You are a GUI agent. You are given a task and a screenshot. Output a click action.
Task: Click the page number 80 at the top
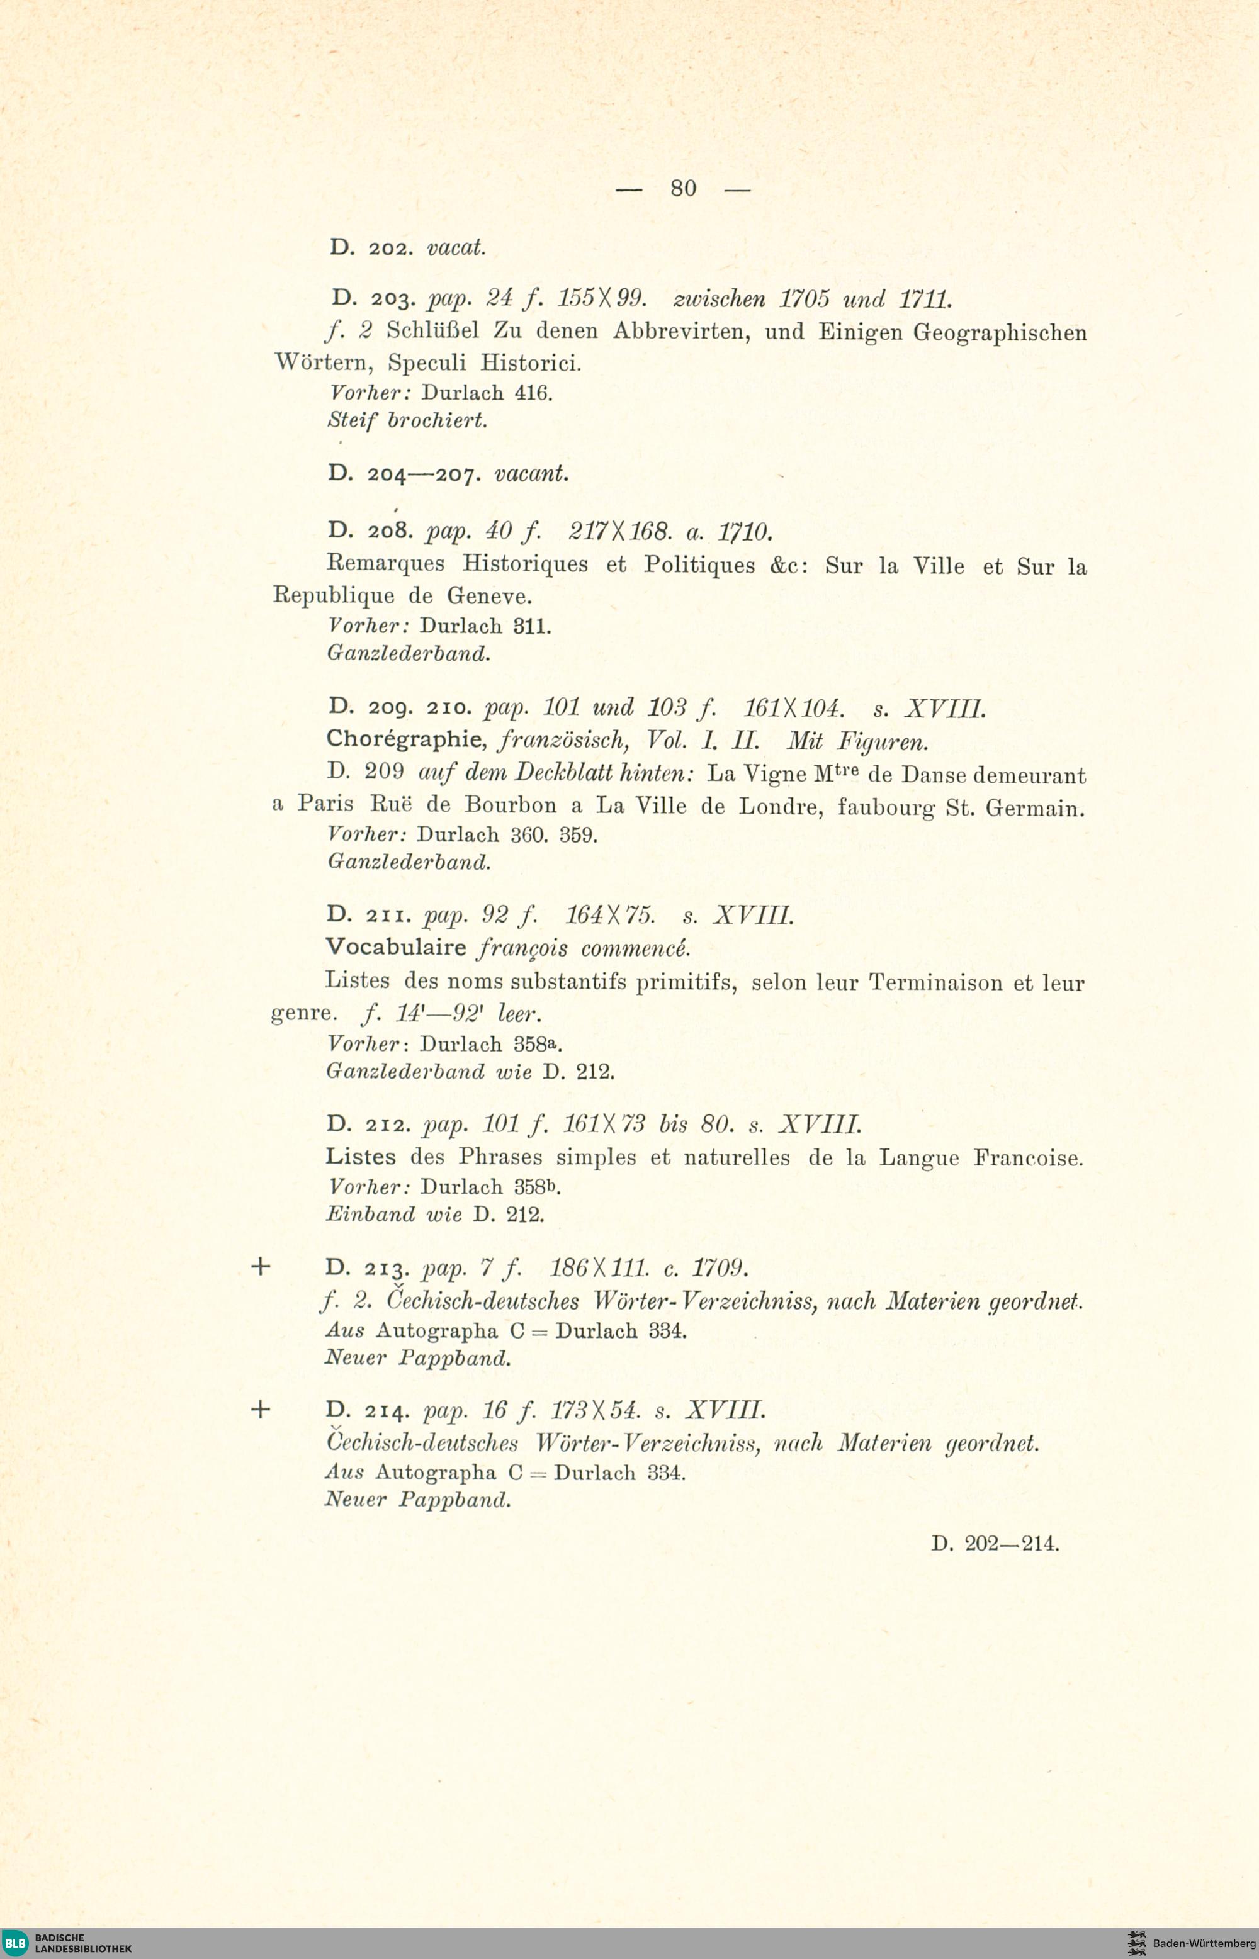click(x=684, y=189)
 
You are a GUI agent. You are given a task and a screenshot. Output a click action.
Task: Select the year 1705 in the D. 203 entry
click(x=805, y=300)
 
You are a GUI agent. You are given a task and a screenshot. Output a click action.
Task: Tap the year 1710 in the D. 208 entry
click(x=744, y=534)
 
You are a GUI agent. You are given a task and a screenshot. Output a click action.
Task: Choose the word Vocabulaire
click(x=396, y=947)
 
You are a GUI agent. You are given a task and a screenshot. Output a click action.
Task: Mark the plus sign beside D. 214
click(x=260, y=1409)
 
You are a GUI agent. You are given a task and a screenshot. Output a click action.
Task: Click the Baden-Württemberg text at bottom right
click(x=1204, y=1943)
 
